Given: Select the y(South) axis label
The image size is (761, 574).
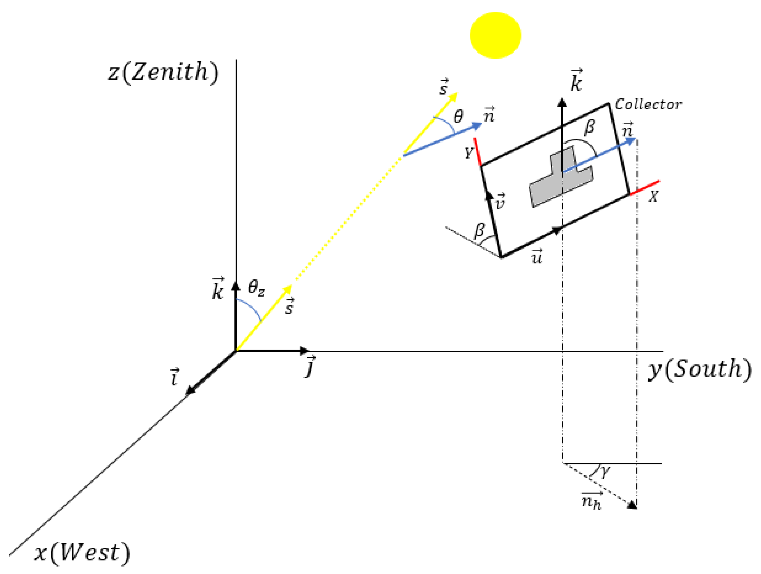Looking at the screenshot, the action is pos(699,369).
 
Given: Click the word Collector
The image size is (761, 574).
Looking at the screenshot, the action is pos(648,104).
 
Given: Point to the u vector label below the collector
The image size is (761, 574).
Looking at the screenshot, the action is pos(537,256).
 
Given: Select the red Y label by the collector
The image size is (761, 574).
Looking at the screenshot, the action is pos(468,152).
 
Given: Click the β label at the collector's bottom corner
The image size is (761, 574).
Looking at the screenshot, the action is pos(480,230).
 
